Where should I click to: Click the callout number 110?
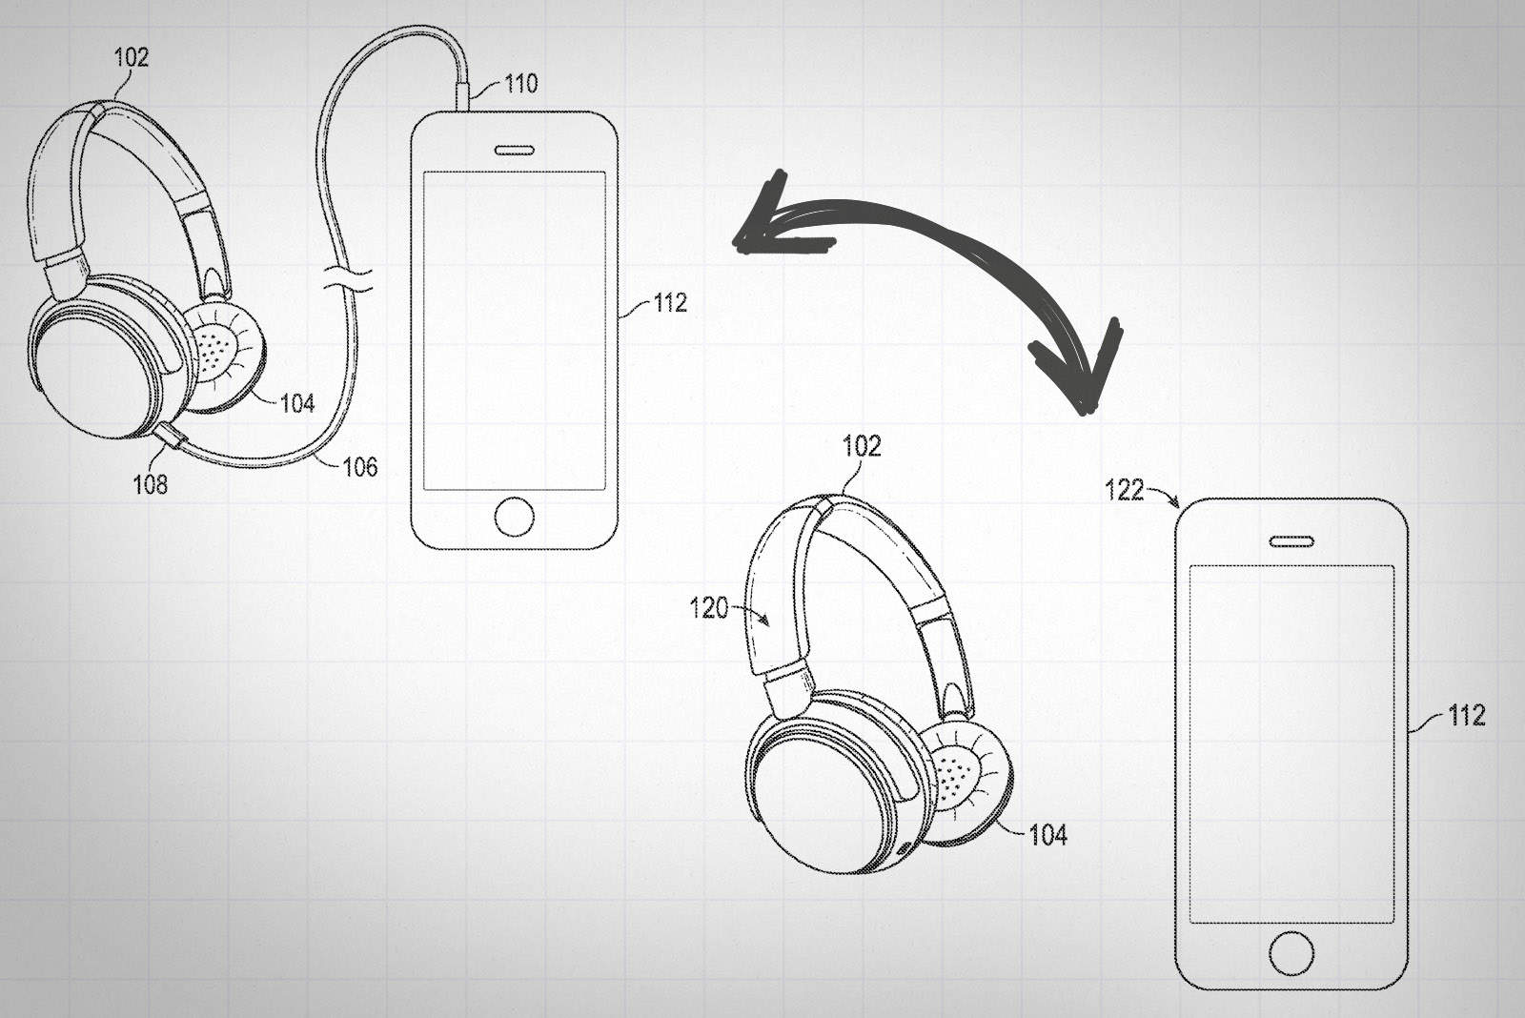coord(521,83)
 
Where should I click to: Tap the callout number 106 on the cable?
coord(360,467)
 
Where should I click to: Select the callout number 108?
coord(151,484)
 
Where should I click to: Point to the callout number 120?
coord(709,607)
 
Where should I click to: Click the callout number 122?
coord(1124,490)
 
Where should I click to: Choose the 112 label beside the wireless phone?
coord(1466,715)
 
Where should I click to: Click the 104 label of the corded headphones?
coord(297,404)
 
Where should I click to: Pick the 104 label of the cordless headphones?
coord(1048,836)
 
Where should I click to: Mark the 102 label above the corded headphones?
coord(132,57)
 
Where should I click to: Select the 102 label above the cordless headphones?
coord(862,445)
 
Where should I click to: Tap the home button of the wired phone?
coord(515,517)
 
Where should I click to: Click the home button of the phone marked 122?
coord(1291,952)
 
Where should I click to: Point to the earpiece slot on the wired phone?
coord(515,150)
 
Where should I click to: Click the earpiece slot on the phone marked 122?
coord(1291,541)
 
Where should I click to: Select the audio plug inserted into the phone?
coord(464,96)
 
